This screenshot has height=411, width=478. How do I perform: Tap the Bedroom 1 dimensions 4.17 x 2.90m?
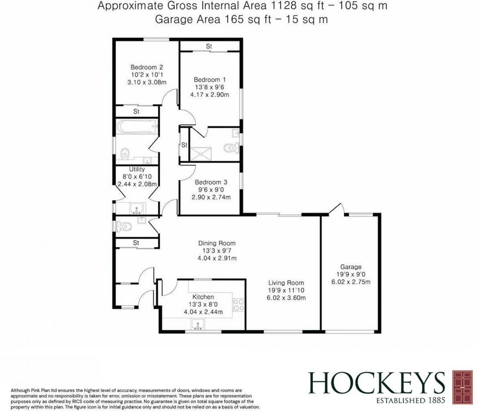tap(211, 95)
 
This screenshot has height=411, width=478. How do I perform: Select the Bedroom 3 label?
tap(211, 182)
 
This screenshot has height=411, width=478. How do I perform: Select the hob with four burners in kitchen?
tap(239, 305)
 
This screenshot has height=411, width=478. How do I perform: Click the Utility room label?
tap(136, 169)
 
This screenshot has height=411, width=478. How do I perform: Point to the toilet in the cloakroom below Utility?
tap(123, 226)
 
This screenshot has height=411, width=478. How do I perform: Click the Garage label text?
tap(351, 267)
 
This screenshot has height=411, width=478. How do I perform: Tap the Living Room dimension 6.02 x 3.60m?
tap(287, 298)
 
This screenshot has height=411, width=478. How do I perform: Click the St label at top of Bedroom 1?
tap(209, 46)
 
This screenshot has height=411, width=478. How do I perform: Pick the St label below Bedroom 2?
tap(136, 112)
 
